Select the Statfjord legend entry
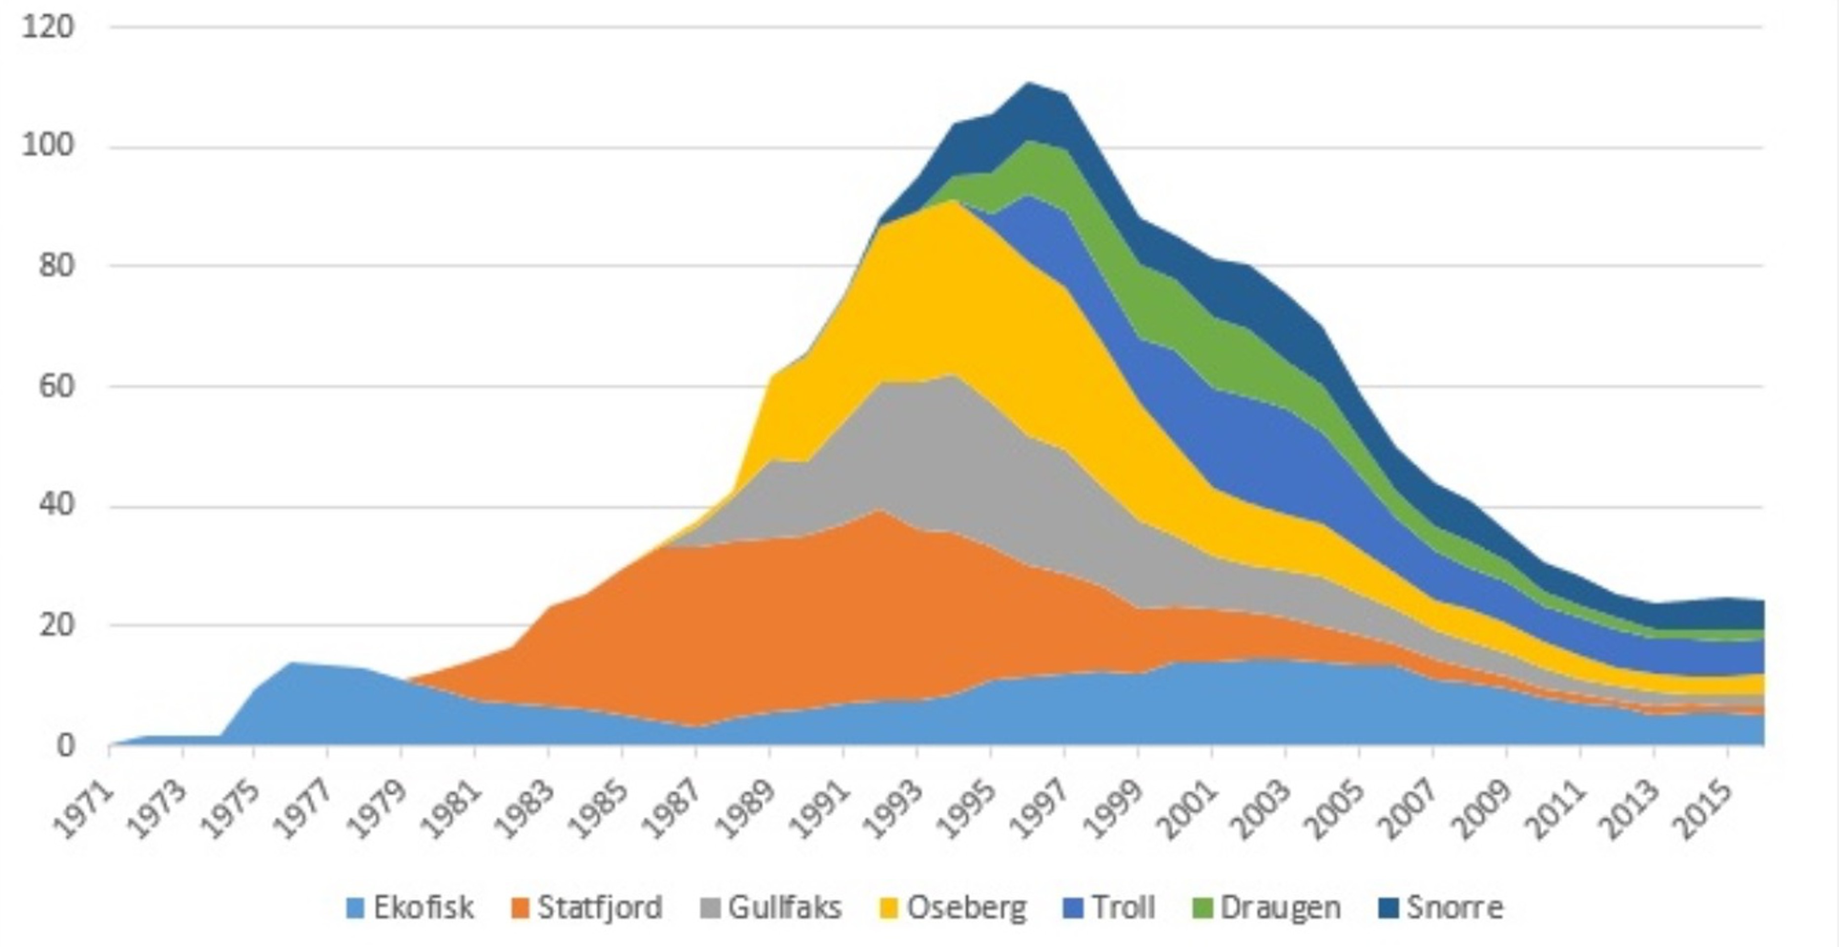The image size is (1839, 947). coord(600,908)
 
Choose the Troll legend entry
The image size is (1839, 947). coord(1124,908)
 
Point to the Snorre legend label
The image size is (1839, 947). coord(1454,908)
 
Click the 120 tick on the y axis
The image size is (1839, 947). coord(48,27)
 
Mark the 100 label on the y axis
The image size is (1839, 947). coord(48,146)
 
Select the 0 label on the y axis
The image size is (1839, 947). coord(66,746)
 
